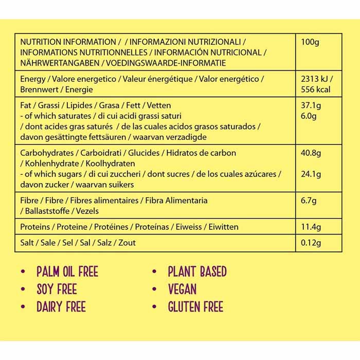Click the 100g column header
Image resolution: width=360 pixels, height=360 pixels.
[x=310, y=42]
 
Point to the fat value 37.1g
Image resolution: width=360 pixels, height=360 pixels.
[x=311, y=105]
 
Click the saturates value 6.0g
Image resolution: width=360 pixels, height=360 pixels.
[x=309, y=116]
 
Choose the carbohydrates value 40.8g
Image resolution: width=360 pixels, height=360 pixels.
[x=311, y=153]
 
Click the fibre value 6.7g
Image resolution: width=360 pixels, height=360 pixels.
[x=309, y=200]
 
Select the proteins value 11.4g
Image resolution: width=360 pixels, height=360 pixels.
[x=311, y=227]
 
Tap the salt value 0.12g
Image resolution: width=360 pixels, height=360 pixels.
[x=311, y=242]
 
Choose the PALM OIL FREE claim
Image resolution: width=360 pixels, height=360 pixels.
[x=67, y=272]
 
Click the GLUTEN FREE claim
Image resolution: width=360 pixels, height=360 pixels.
[x=195, y=308]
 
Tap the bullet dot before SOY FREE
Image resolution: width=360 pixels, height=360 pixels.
[x=23, y=290]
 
